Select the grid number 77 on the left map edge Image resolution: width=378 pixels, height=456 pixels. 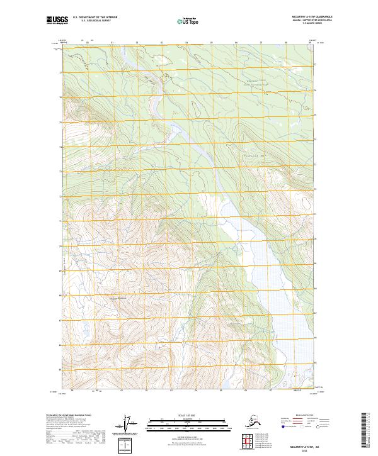[62, 72]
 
